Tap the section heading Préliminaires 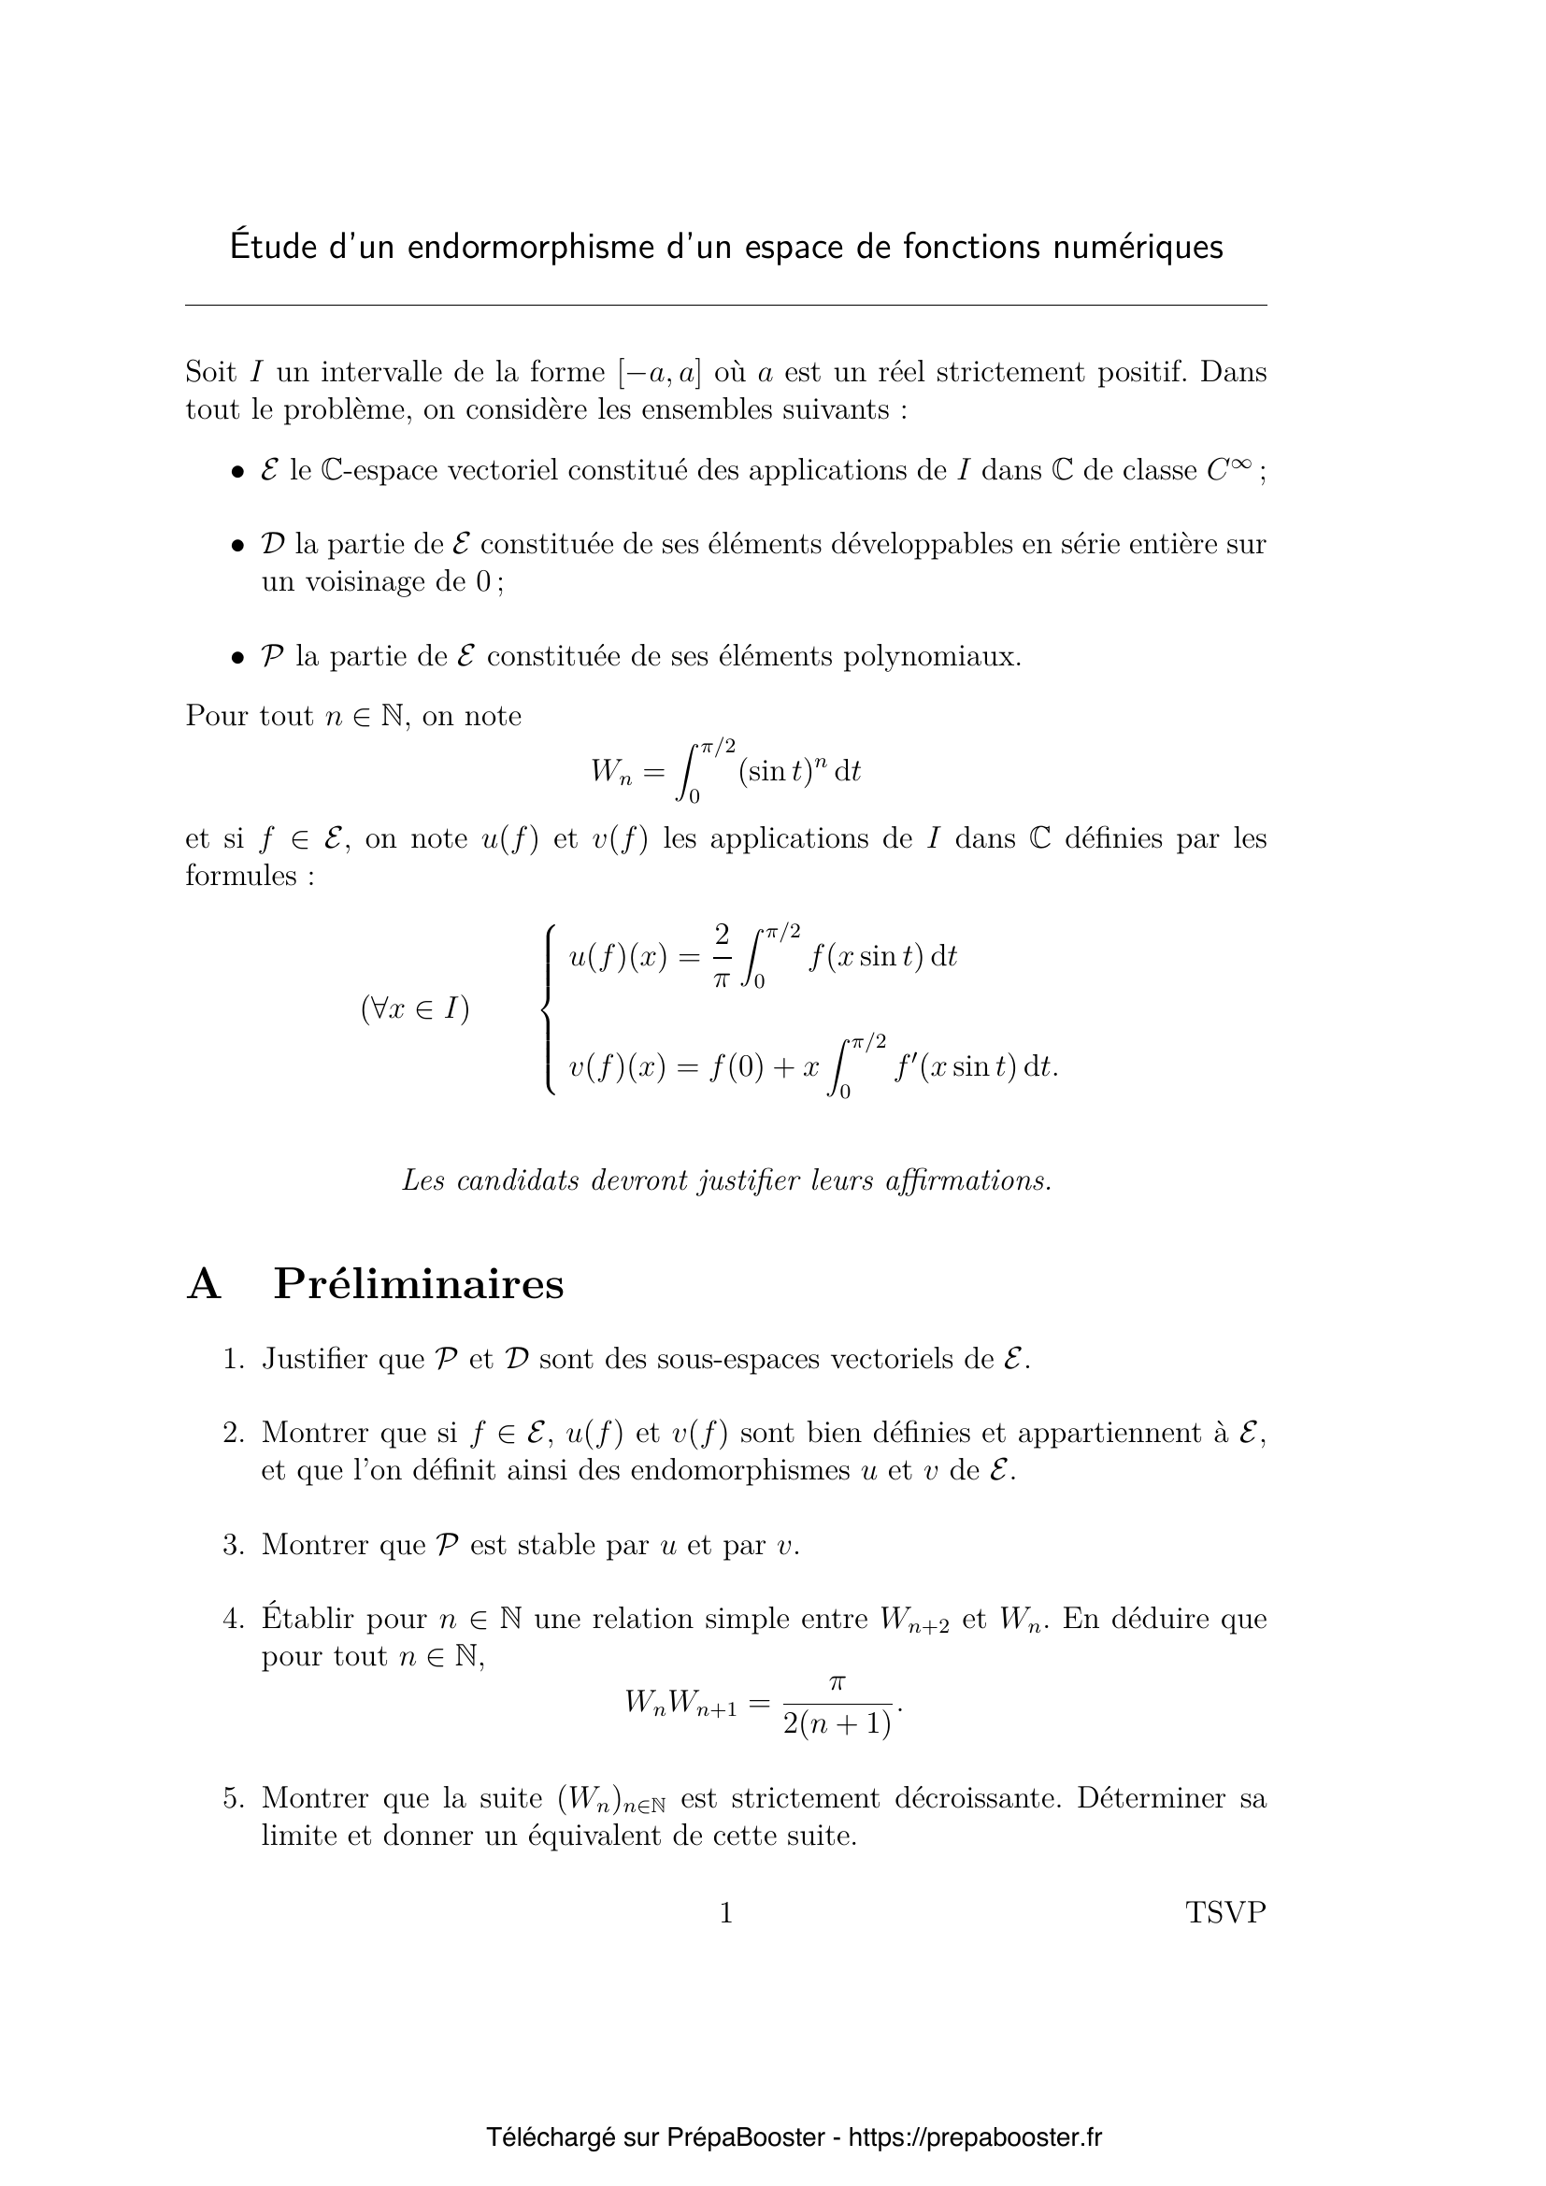pos(418,1284)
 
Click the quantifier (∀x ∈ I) pos(415,1009)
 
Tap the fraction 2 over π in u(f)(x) pos(722,956)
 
